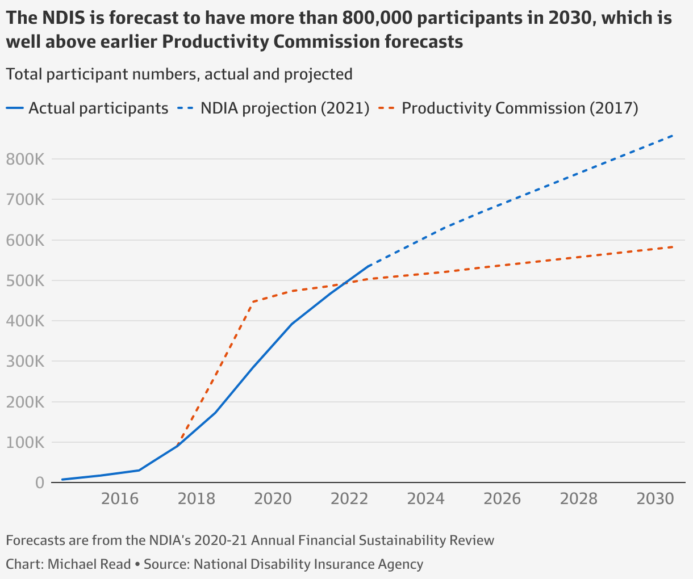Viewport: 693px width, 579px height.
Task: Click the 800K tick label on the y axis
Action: (25, 160)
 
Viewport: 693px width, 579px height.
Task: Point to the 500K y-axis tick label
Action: (25, 281)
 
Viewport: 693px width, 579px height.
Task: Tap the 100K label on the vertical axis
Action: (25, 443)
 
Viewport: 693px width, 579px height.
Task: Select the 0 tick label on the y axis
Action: (39, 483)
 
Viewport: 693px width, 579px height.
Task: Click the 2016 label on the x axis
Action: (119, 499)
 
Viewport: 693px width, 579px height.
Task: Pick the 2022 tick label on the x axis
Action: (349, 499)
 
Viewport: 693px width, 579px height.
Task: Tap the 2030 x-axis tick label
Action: (656, 499)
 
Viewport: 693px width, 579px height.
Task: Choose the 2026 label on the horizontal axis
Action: (502, 499)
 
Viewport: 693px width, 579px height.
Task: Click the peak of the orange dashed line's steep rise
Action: (253, 302)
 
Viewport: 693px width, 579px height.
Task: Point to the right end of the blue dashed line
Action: (674, 135)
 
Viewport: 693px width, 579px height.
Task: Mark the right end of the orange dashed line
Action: (674, 247)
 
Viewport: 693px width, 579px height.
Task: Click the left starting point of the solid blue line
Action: (62, 480)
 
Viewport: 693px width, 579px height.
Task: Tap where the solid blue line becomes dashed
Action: (369, 266)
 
